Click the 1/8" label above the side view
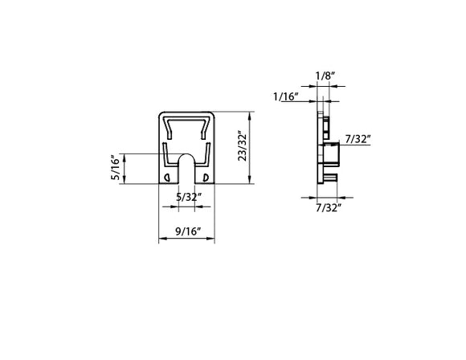click(x=325, y=76)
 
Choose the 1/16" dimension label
click(x=286, y=96)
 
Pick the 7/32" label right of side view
click(x=357, y=139)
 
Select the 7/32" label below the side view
click(x=328, y=207)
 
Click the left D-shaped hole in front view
click(x=166, y=177)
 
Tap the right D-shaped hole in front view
click(x=205, y=177)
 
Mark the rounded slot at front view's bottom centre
click(x=185, y=169)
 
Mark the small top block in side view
click(x=326, y=125)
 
